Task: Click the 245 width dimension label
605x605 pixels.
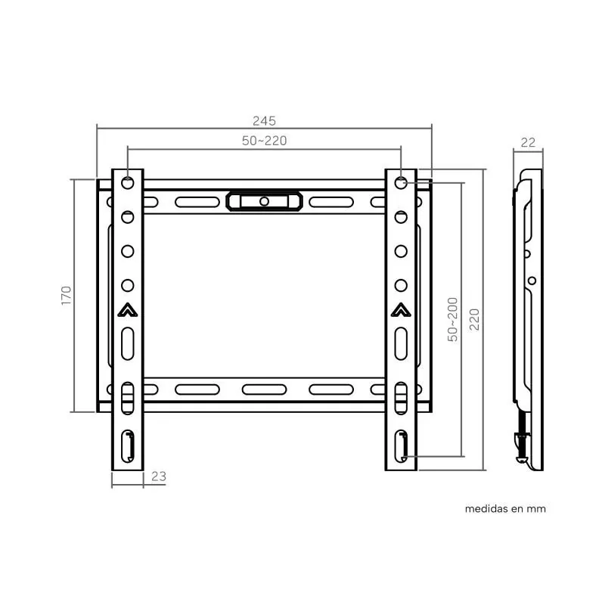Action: (x=264, y=121)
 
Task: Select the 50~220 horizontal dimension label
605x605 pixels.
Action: (x=264, y=141)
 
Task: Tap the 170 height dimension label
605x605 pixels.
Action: (x=67, y=296)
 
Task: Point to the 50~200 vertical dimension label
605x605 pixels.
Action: (x=452, y=319)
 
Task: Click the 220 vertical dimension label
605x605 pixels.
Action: (x=474, y=319)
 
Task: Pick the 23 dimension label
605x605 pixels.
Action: (x=159, y=476)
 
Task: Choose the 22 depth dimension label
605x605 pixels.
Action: (x=528, y=143)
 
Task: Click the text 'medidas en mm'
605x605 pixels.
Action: (x=505, y=509)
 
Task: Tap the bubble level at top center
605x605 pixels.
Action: (x=264, y=201)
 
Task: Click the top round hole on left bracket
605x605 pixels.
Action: (x=128, y=182)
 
